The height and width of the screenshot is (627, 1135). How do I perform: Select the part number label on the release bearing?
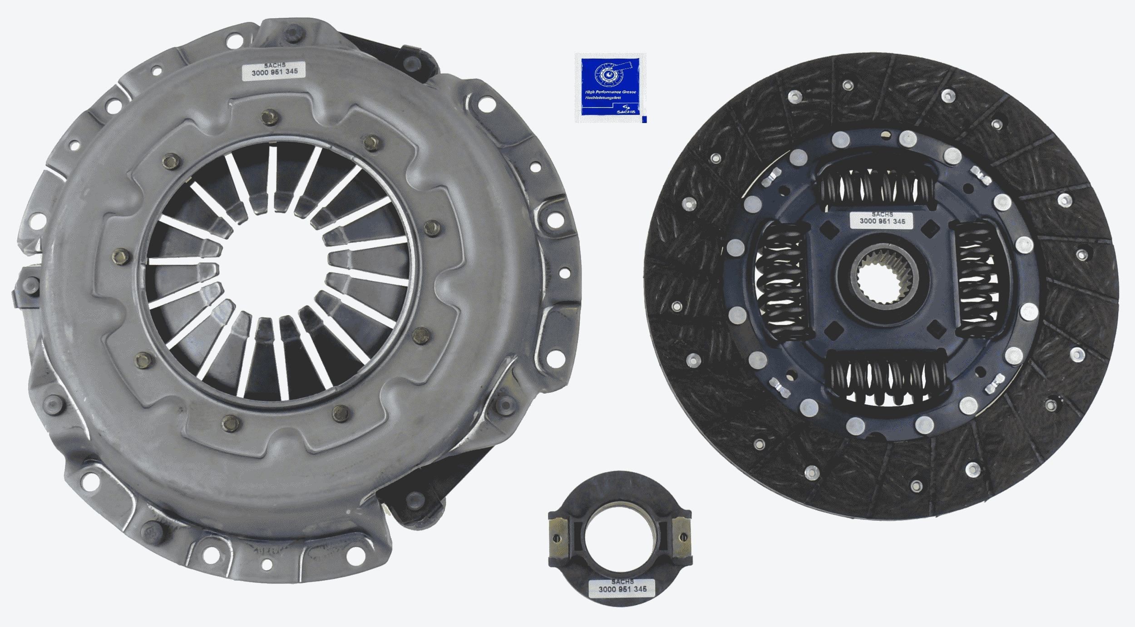pos(622,602)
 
